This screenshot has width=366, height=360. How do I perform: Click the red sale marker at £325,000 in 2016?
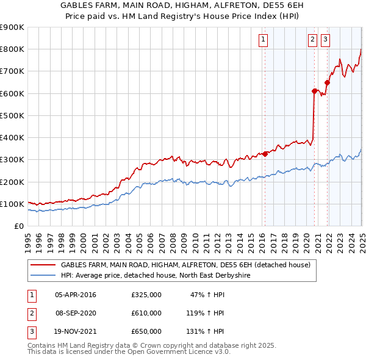click(265, 154)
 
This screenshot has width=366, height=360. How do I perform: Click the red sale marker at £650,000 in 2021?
click(328, 82)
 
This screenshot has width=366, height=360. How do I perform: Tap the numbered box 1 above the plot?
click(263, 40)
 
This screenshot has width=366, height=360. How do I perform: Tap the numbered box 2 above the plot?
click(312, 40)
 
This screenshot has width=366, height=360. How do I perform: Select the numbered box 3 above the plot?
click(326, 40)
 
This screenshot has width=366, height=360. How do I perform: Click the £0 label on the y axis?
click(19, 226)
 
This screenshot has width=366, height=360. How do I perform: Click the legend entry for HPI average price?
click(156, 275)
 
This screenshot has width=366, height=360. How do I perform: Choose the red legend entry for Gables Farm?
click(185, 265)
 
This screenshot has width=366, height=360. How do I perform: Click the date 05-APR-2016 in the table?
click(75, 295)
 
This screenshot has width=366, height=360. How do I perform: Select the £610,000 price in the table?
click(146, 313)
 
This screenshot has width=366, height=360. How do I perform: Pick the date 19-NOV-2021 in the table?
click(75, 331)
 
